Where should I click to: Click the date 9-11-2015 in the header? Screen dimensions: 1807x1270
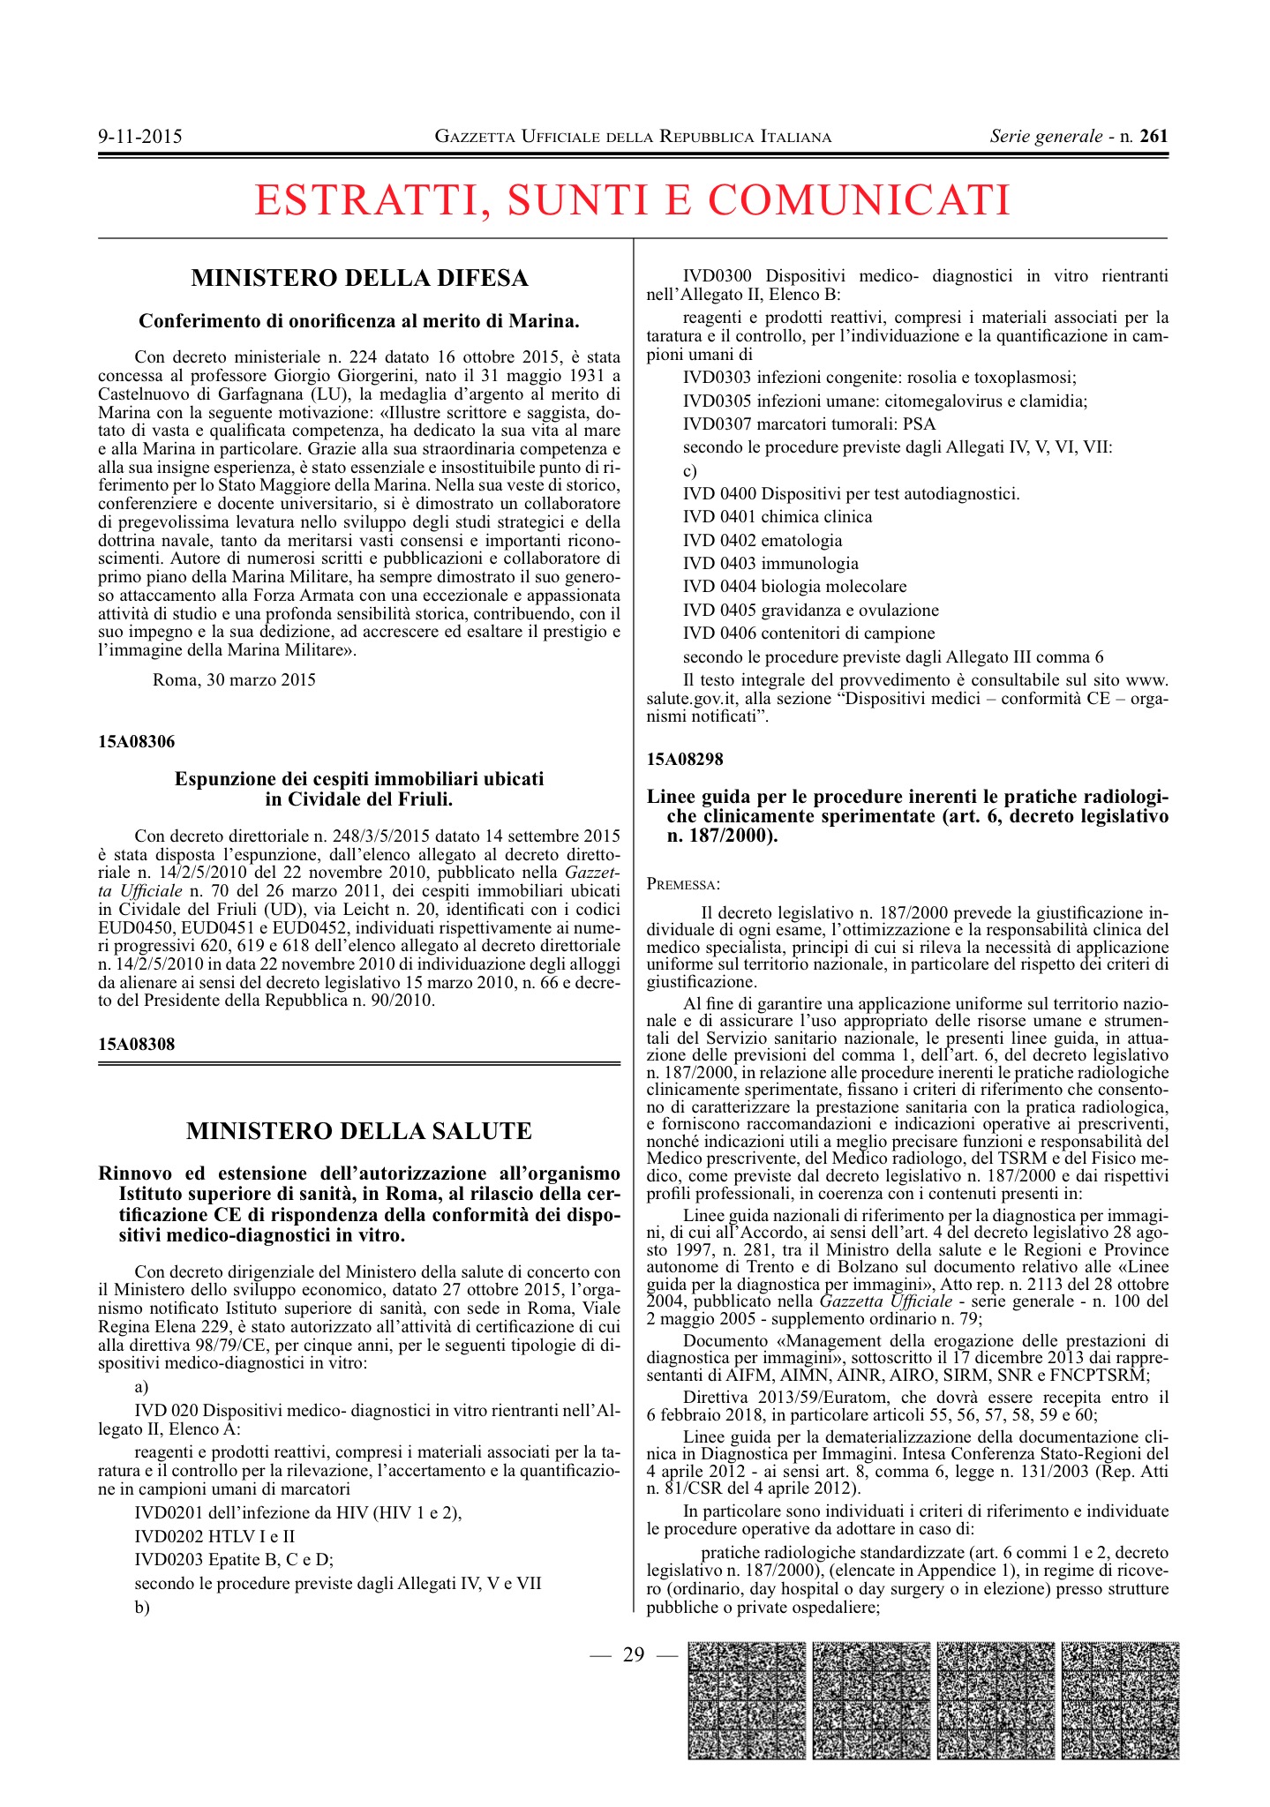140,137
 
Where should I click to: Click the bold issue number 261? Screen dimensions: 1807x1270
1154,136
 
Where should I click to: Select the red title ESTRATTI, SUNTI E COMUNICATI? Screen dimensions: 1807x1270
632,199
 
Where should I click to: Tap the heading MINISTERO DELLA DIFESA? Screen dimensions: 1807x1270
359,279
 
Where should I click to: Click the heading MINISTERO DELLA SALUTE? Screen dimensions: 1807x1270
359,1131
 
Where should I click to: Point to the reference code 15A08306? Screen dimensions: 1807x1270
136,742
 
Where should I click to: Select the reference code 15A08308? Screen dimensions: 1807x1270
136,1045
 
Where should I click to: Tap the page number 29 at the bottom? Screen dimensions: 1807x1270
634,1654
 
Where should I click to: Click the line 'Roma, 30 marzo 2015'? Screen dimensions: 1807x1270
234,680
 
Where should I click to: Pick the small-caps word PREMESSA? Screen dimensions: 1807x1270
682,884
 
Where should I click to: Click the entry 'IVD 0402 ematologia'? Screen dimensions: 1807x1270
763,541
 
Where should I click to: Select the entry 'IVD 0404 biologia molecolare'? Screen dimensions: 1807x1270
794,587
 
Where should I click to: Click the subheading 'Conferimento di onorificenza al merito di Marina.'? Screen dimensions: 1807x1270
359,320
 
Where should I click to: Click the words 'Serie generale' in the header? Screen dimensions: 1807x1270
1046,136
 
